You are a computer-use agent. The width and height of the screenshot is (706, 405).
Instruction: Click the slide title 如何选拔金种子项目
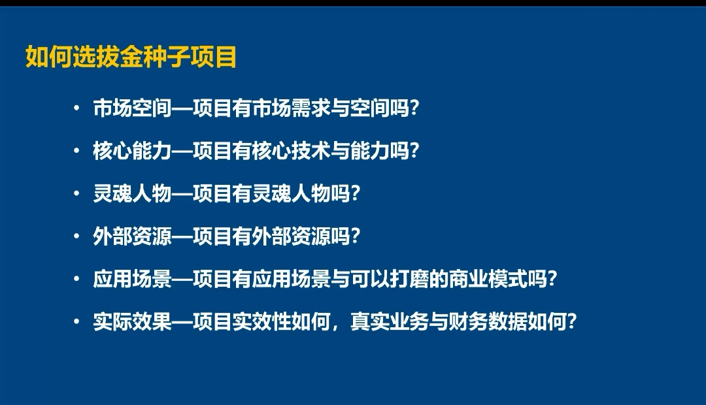131,57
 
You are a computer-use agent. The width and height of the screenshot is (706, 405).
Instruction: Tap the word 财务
468,322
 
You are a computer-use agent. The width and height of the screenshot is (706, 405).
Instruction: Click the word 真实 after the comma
369,322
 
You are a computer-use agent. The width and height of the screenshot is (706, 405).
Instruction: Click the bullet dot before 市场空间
77,108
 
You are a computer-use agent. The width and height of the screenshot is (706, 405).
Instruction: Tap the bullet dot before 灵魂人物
77,193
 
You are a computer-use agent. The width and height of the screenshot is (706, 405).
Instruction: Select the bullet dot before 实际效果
77,322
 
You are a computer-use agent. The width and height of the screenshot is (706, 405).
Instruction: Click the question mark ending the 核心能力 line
414,151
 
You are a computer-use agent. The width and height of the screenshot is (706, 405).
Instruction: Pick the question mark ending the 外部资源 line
355,236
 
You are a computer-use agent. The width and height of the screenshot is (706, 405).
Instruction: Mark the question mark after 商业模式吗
552,280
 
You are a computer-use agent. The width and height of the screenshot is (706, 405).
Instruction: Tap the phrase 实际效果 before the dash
132,322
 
